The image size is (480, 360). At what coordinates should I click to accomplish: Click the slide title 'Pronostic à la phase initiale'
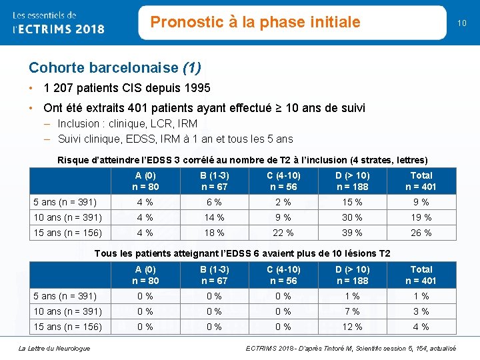click(x=255, y=22)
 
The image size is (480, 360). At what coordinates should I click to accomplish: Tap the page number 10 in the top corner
click(x=461, y=23)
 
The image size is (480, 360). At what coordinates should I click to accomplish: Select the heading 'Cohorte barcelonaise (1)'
click(x=115, y=68)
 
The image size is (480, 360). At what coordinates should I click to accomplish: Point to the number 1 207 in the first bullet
click(x=61, y=88)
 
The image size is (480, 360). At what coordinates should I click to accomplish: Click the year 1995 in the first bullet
click(x=197, y=88)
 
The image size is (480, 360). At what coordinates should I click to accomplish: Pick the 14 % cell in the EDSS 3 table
click(x=214, y=217)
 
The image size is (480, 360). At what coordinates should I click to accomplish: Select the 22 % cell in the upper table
click(x=283, y=233)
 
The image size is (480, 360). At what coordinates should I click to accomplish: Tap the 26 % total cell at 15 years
click(x=421, y=233)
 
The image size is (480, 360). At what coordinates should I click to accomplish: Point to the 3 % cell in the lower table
click(x=421, y=311)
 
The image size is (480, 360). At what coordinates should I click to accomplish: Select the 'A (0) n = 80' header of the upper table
click(x=145, y=181)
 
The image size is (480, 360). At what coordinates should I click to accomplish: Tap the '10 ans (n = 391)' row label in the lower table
click(x=67, y=311)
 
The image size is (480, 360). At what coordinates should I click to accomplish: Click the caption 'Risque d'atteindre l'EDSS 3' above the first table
click(x=243, y=160)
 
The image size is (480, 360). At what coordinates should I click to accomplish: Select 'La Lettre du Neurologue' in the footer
click(x=55, y=348)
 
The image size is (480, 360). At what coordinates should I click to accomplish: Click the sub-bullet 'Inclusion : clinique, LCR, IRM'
click(x=127, y=124)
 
